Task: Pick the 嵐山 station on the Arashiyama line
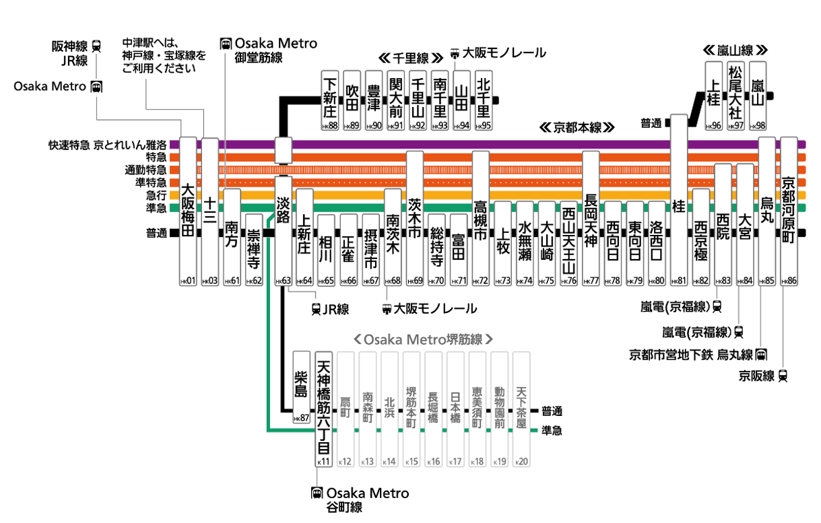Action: [757, 95]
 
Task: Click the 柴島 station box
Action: [301, 384]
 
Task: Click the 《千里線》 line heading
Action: [410, 57]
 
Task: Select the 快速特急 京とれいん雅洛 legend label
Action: [107, 145]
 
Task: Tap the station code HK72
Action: [481, 281]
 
